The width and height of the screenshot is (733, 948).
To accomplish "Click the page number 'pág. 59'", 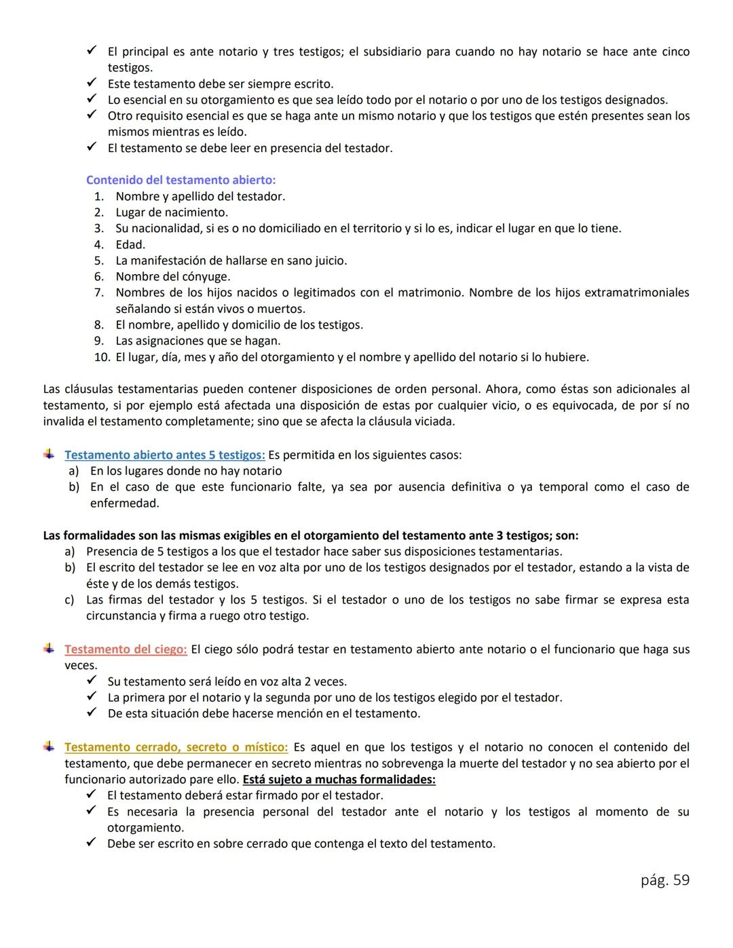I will tap(664, 880).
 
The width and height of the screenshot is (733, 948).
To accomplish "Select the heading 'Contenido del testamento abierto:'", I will tap(181, 180).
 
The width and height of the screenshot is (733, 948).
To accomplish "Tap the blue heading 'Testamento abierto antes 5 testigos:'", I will tap(164, 455).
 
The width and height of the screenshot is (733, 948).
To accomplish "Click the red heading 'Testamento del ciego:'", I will tap(126, 649).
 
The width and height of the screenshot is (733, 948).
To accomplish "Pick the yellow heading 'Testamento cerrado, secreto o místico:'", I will tap(176, 747).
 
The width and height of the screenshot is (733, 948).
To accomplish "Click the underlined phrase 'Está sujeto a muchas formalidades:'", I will tap(339, 779).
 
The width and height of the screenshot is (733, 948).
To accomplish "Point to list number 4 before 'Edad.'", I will tap(99, 244).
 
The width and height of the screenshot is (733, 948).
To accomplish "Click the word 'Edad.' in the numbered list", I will tap(130, 244).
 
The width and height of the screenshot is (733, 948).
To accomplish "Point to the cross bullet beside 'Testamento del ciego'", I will tap(49, 649).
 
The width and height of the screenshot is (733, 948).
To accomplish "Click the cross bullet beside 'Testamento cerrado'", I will tap(49, 746).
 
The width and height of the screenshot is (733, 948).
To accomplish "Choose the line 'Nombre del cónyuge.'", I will tap(172, 277).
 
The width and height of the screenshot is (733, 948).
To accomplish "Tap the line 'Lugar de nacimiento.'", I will tap(172, 212).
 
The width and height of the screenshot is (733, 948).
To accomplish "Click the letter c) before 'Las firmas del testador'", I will tap(69, 600).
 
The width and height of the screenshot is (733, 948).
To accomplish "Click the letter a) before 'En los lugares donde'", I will tap(73, 471).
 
